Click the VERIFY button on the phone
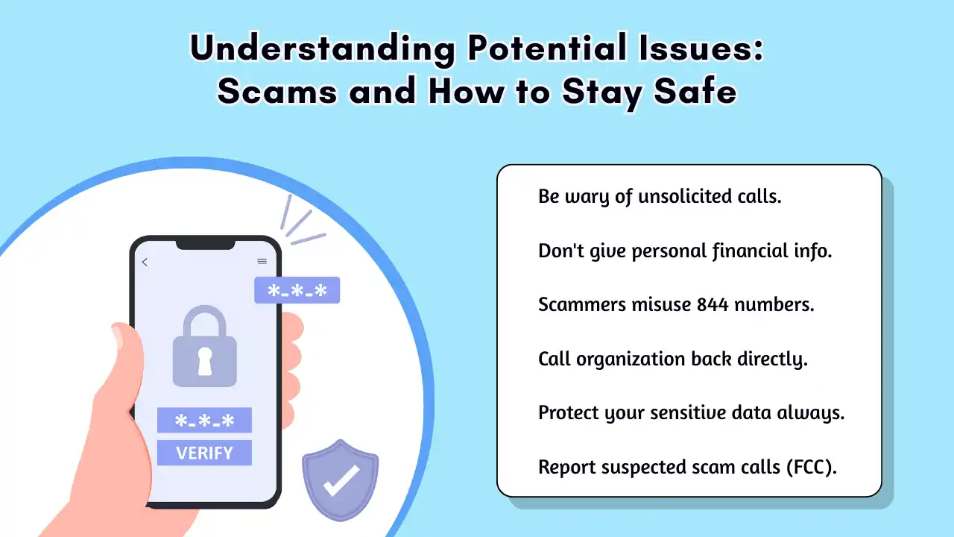click(x=204, y=453)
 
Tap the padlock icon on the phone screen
click(x=204, y=346)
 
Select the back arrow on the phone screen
click(x=145, y=262)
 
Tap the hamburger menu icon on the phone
click(x=262, y=262)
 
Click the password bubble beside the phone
click(x=297, y=290)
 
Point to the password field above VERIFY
click(x=204, y=420)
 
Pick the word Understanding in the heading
click(x=322, y=49)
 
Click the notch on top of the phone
click(x=204, y=245)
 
